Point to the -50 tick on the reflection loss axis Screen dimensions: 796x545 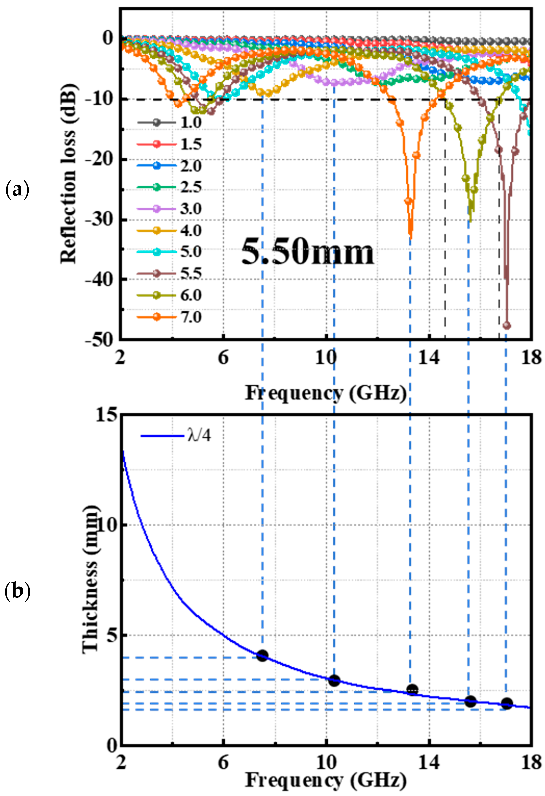pyautogui.click(x=100, y=339)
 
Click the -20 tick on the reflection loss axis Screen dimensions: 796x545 pyautogui.click(x=100, y=159)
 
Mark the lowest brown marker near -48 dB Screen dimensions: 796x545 pyautogui.click(x=507, y=326)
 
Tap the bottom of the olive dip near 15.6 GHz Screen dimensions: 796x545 pyautogui.click(x=470, y=221)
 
